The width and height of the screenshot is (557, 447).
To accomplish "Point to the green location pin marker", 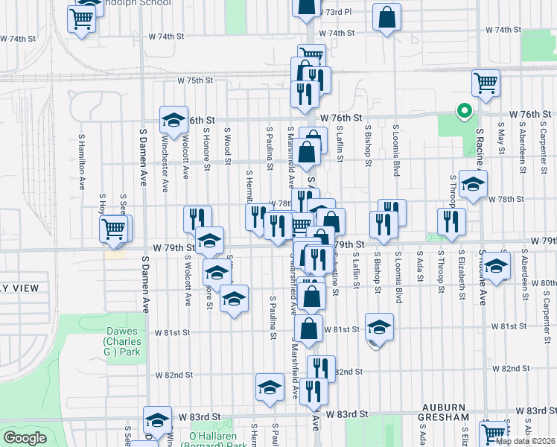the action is click(464, 112).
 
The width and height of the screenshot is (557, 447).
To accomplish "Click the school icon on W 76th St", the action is click(174, 119).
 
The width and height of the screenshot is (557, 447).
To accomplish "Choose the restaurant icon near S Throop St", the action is click(451, 220).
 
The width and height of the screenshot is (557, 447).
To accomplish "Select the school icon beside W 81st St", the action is click(379, 326).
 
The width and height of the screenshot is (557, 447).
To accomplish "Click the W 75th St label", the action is click(195, 80).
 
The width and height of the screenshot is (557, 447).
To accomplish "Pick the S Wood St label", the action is click(227, 144).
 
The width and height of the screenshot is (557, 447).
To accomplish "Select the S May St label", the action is click(502, 140).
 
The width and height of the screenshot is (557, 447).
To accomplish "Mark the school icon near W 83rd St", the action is click(156, 422).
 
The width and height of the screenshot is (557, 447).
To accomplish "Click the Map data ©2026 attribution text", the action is click(524, 441).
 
